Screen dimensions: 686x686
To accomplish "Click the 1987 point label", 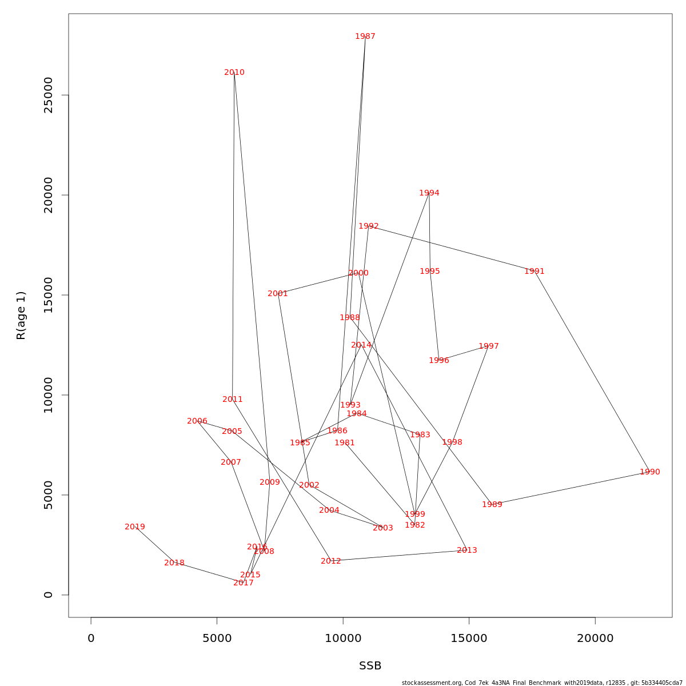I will (x=365, y=37).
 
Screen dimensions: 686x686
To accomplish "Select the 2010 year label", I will (x=234, y=73).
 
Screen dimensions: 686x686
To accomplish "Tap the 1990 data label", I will (x=650, y=472).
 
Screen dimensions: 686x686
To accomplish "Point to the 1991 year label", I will (x=535, y=272).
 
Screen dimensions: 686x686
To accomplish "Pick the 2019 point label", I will (x=135, y=527).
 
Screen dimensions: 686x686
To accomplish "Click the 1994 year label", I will (x=429, y=193).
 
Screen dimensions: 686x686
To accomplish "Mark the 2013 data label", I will (x=467, y=551).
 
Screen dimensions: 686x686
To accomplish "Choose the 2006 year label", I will (x=197, y=421).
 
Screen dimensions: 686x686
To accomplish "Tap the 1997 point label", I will (x=489, y=346).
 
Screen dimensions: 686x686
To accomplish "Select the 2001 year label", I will (x=278, y=294).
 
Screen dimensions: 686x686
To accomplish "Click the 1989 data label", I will (x=492, y=505).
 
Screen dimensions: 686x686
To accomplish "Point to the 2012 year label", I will (x=331, y=561).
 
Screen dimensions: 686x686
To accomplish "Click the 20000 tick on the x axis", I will (x=595, y=639).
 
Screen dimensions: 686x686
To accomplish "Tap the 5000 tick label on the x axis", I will (x=217, y=639).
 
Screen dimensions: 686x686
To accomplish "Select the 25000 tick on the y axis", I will (x=49, y=95).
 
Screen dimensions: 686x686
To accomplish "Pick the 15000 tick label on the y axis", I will (x=49, y=295).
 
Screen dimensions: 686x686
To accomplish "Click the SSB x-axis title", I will (x=370, y=666).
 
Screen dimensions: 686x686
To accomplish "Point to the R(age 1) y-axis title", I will (x=21, y=315).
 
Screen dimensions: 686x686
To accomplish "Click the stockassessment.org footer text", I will (x=542, y=683).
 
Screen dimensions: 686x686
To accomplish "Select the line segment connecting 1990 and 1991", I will (x=592, y=372).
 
